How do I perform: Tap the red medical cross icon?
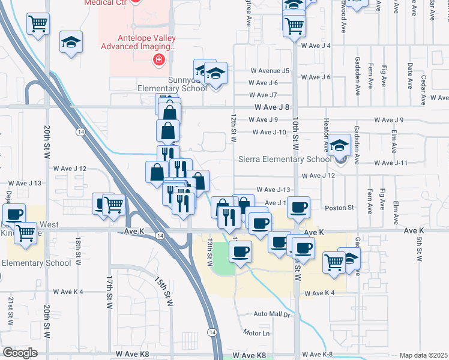[158, 59]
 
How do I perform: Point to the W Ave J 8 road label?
[272, 107]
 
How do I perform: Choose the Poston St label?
[340, 208]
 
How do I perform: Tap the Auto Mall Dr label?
[271, 314]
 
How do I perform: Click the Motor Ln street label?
[257, 333]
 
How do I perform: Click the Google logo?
[20, 353]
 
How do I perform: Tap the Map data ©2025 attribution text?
[424, 355]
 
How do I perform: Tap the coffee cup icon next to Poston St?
[298, 208]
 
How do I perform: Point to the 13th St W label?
[210, 252]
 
